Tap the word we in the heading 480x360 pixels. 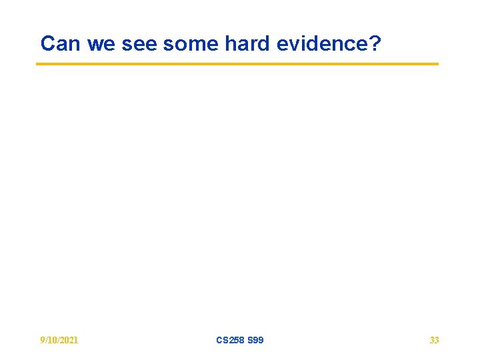point(100,44)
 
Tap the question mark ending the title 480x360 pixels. point(375,44)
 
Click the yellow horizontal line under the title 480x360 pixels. point(237,64)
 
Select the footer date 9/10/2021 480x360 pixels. point(59,340)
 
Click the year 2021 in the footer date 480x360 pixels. point(69,340)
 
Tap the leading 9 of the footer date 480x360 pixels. point(43,340)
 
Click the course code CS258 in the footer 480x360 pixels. point(230,340)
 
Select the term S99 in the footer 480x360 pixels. point(255,340)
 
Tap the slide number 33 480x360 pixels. point(434,340)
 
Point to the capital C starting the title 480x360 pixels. point(47,44)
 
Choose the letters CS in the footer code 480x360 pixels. point(222,340)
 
